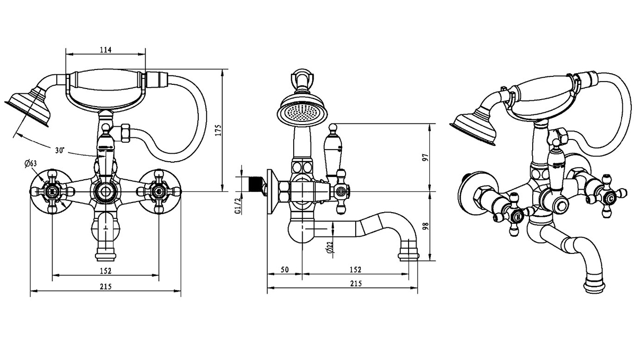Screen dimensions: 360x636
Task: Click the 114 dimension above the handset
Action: click(105, 50)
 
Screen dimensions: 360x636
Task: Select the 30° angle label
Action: click(59, 151)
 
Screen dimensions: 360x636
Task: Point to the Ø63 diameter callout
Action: click(30, 163)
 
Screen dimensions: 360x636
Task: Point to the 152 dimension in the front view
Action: click(105, 271)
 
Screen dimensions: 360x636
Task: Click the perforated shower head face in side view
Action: click(300, 112)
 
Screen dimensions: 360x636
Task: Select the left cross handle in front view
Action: click(52, 191)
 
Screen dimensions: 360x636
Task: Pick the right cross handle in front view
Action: click(158, 191)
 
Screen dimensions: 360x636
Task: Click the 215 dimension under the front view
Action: click(105, 286)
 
